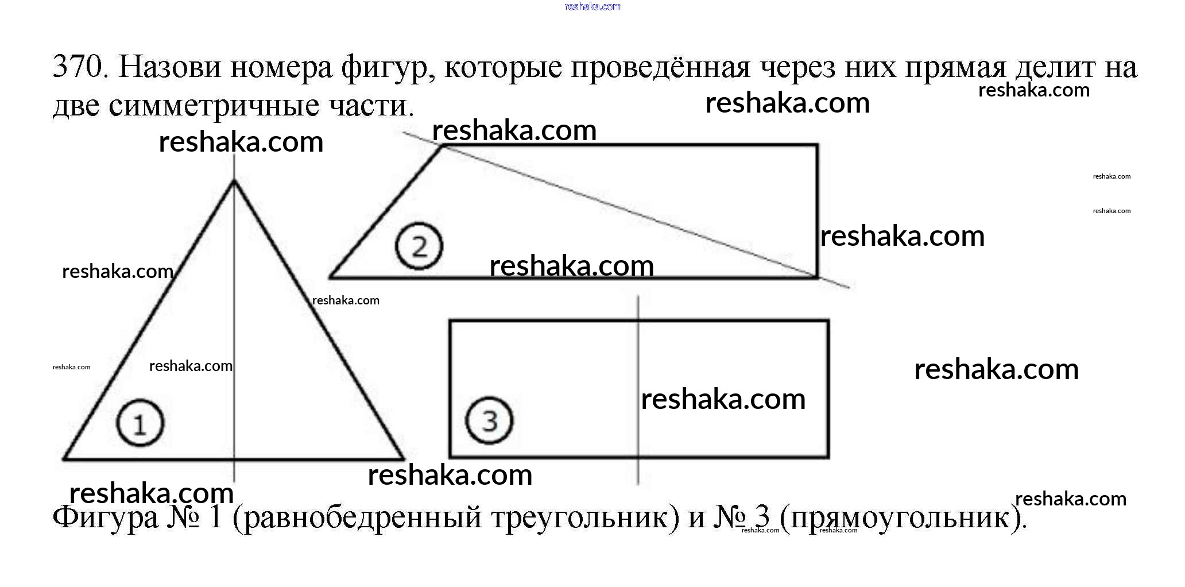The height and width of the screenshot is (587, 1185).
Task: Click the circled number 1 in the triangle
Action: (140, 423)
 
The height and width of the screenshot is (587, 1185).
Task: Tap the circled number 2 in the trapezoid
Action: (419, 246)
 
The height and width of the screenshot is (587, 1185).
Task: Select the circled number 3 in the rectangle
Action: (489, 420)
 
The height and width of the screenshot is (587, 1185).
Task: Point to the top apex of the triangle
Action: (234, 181)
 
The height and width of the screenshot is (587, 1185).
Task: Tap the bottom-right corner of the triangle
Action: (403, 459)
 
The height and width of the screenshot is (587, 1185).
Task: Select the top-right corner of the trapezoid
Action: (816, 146)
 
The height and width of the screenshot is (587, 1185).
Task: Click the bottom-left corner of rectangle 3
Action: (451, 457)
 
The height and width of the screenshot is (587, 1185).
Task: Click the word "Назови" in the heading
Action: (169, 67)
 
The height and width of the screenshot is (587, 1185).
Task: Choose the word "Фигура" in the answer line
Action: (106, 517)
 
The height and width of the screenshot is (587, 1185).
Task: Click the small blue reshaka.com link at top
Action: (592, 6)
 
